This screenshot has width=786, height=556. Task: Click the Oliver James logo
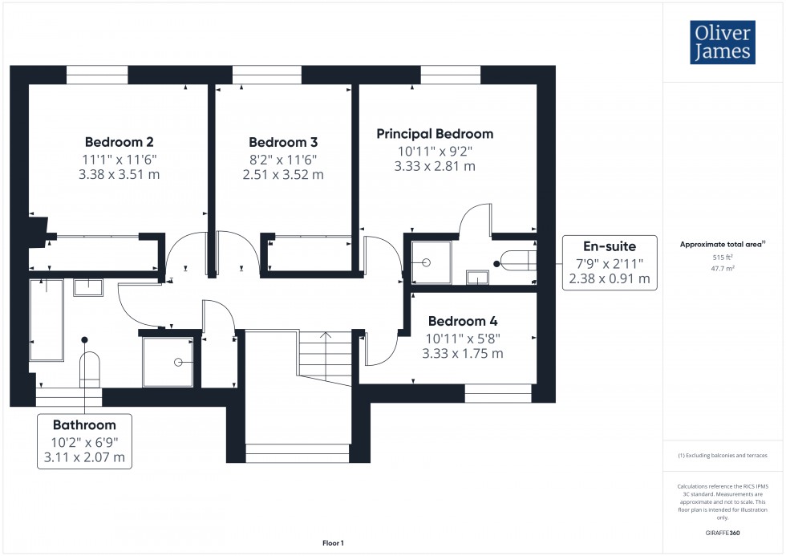721,43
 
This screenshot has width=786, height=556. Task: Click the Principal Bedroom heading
435,134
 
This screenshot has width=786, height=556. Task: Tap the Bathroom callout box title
84,424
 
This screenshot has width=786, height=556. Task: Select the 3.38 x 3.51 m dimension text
120,173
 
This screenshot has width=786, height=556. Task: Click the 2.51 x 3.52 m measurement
283,174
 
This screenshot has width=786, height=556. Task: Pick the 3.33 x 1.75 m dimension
463,353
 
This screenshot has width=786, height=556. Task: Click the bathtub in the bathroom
46,319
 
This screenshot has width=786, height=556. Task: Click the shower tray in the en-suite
431,262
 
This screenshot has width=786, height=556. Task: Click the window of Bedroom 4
498,393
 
